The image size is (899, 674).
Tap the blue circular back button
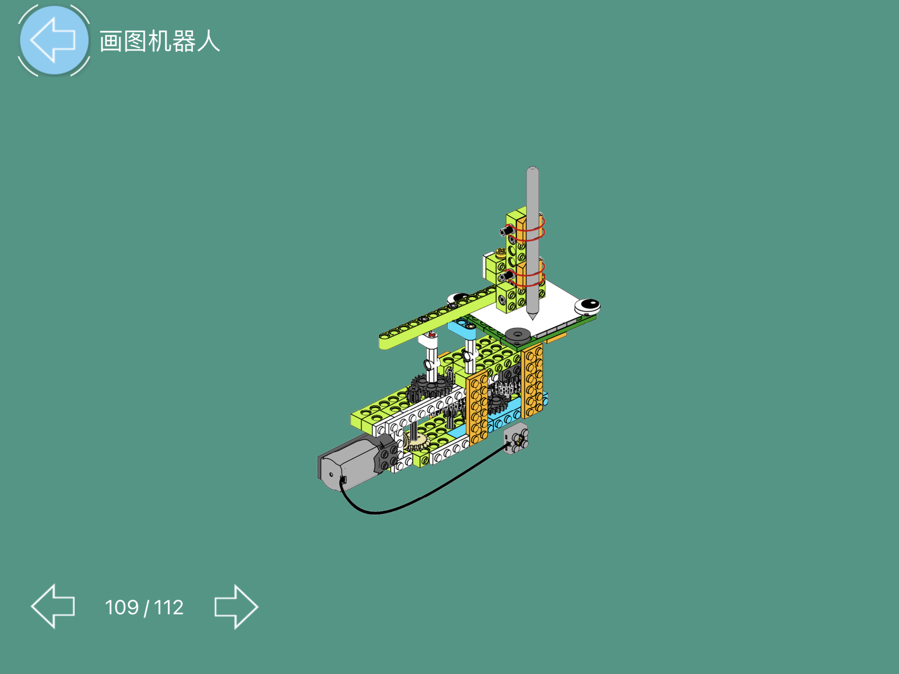54,40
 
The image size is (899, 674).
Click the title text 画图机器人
160,42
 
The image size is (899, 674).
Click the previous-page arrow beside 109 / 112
53,606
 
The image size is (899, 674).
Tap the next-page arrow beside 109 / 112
236,607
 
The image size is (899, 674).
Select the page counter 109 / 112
144,607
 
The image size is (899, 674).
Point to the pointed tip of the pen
532,317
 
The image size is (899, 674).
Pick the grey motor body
350,461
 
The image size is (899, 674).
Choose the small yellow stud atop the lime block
501,252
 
